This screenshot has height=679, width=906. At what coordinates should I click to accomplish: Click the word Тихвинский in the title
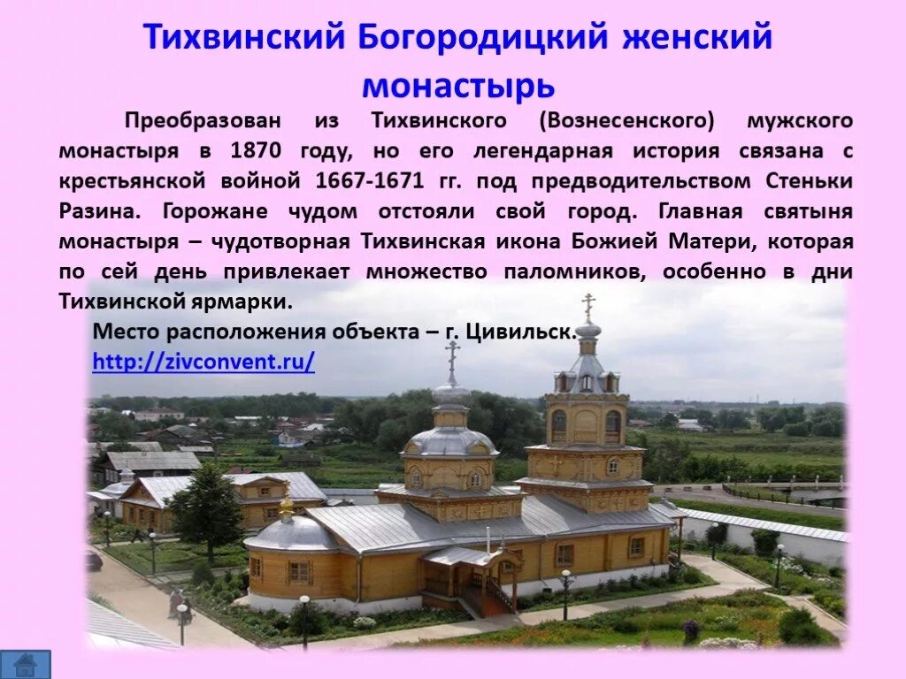(x=244, y=38)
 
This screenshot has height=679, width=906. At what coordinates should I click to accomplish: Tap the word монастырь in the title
(x=458, y=86)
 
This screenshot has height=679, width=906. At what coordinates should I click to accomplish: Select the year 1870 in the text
(x=255, y=150)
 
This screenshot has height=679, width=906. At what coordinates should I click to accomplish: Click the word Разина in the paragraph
(x=98, y=211)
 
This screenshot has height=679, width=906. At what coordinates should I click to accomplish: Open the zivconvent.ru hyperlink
(x=203, y=362)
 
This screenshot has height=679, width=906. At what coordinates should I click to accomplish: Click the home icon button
(x=25, y=664)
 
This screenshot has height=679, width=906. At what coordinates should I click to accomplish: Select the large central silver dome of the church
(x=451, y=439)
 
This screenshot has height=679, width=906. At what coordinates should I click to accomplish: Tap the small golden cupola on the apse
(x=286, y=507)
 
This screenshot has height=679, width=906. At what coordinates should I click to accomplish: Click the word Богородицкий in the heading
(x=484, y=38)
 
